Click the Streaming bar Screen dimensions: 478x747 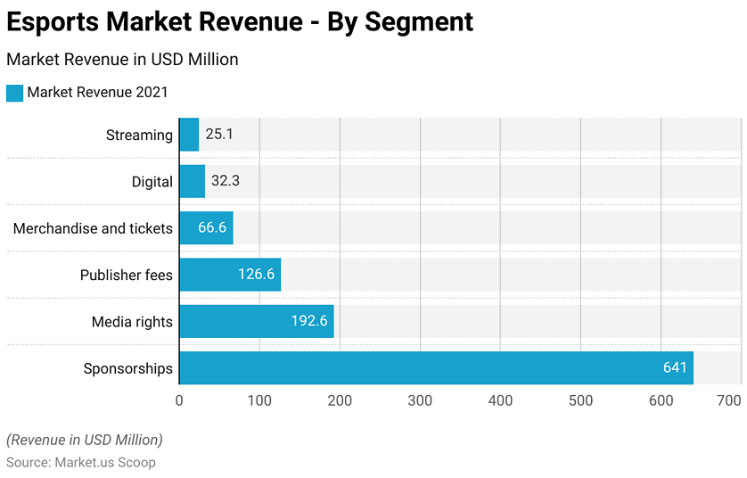(x=189, y=135)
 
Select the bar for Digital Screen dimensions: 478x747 (x=192, y=181)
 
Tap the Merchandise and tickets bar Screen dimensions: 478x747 (x=206, y=228)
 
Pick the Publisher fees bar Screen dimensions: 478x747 (x=230, y=275)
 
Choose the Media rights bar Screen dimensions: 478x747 (x=257, y=321)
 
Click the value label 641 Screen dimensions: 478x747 (x=675, y=368)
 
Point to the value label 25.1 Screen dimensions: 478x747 (x=219, y=135)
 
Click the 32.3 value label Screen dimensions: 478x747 (x=226, y=181)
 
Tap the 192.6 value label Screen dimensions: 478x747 (x=309, y=321)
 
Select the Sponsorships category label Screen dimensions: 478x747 (x=127, y=368)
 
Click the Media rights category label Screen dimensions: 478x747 (x=132, y=321)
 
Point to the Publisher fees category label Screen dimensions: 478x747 (x=126, y=275)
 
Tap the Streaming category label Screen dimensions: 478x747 (x=139, y=135)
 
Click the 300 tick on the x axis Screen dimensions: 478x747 (x=420, y=400)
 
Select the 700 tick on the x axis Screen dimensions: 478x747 (x=729, y=400)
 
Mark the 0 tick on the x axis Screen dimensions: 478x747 (x=179, y=400)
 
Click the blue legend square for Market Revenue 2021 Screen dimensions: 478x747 (x=14, y=92)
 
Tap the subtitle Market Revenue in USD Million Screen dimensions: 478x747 (x=122, y=60)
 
